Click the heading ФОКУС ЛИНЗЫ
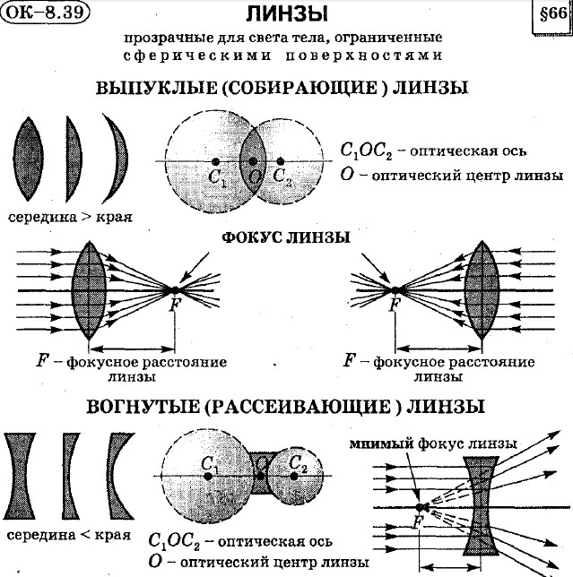pyautogui.click(x=286, y=237)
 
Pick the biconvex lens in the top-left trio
pyautogui.click(x=30, y=159)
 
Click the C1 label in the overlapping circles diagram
pyautogui.click(x=217, y=177)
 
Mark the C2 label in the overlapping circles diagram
pyautogui.click(x=282, y=176)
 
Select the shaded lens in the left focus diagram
pyautogui.click(x=91, y=288)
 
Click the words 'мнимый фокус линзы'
pyautogui.click(x=435, y=443)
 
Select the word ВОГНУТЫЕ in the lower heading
pyautogui.click(x=142, y=407)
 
